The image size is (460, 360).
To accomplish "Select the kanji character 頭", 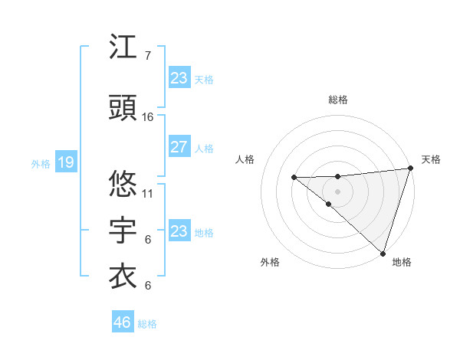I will point(123,109).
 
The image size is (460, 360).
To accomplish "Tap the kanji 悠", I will point(123,184).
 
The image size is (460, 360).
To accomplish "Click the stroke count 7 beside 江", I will point(147,55).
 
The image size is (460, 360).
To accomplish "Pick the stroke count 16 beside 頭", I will point(148,116).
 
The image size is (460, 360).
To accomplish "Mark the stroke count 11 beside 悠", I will point(148,192).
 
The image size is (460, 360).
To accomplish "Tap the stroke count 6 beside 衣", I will point(147,285).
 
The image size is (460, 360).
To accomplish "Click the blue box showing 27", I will point(179,147).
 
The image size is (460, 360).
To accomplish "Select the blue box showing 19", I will point(65,162).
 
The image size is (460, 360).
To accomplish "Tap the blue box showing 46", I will point(123,322).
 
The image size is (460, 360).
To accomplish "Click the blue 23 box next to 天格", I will point(179,78).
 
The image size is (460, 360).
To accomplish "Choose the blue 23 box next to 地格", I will point(179,231).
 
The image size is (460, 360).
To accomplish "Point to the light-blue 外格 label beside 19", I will point(40,163).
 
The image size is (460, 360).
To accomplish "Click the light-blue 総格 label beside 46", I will point(148,324).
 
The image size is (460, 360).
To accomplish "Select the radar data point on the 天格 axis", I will point(410,169).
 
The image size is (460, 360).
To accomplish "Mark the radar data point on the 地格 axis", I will point(383,252).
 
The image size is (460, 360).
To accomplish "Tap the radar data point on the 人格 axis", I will point(294,178).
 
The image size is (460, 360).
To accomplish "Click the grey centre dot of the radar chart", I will point(337,191).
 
